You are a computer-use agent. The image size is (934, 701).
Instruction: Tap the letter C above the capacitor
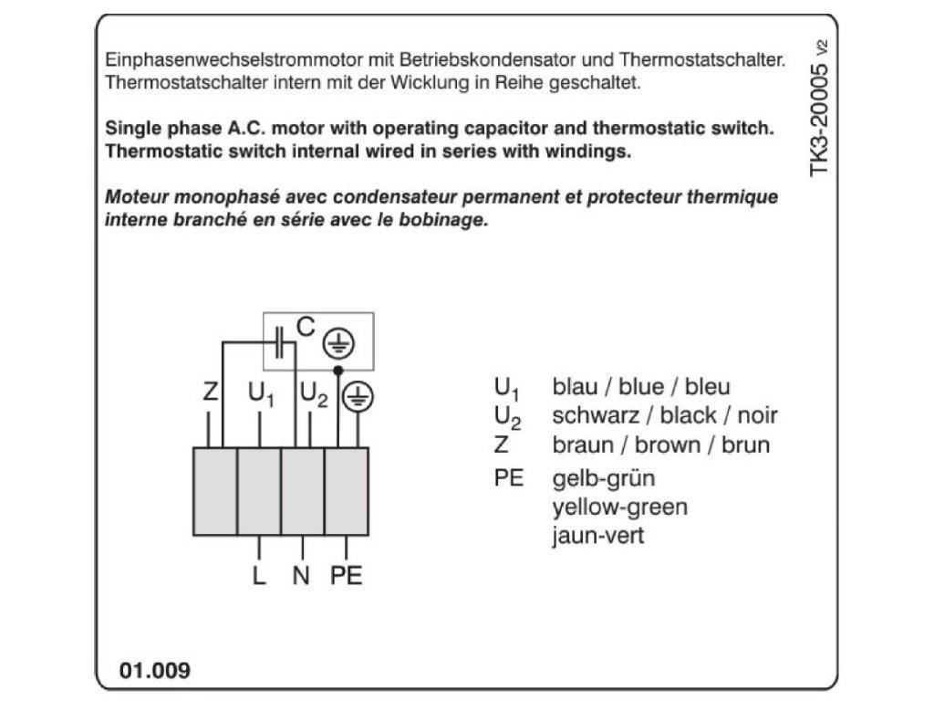point(306,327)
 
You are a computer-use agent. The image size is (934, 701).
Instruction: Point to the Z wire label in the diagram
point(211,394)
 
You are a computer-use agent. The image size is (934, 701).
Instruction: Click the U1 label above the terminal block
point(261,395)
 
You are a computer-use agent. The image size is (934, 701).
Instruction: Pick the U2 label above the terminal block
point(314,395)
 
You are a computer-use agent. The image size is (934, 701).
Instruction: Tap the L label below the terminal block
point(260,576)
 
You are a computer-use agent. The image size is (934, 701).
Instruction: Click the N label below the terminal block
point(301,576)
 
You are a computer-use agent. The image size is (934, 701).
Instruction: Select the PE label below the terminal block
point(347,576)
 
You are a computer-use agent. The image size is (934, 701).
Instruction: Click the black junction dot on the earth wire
point(337,370)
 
